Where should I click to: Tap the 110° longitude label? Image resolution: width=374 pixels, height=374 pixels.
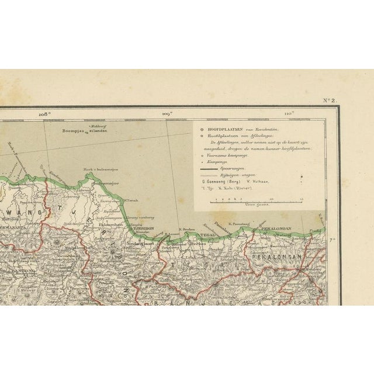pos(288,114)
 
